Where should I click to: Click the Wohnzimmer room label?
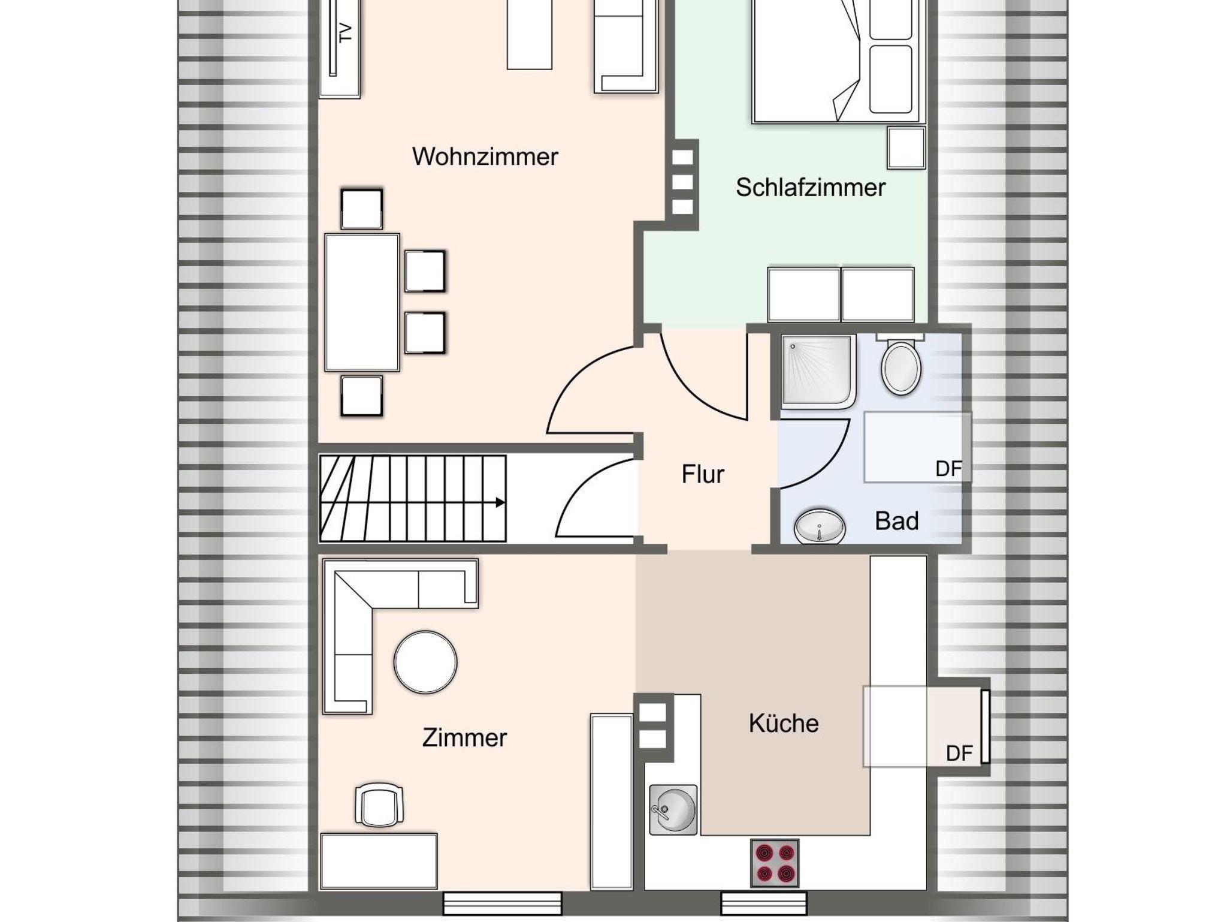pyautogui.click(x=485, y=157)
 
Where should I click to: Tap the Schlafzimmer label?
pyautogui.click(x=810, y=188)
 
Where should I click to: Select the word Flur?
pyautogui.click(x=702, y=474)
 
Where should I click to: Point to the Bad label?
pyautogui.click(x=896, y=521)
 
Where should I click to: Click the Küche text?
pyautogui.click(x=783, y=723)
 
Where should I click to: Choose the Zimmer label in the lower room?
pyautogui.click(x=464, y=738)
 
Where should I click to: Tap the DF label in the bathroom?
pyautogui.click(x=948, y=469)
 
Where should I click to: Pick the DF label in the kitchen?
pyautogui.click(x=959, y=754)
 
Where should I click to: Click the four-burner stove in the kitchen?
pyautogui.click(x=775, y=863)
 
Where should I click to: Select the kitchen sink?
pyautogui.click(x=673, y=809)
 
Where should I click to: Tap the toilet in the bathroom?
pyautogui.click(x=900, y=365)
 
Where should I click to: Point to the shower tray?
pyautogui.click(x=818, y=372)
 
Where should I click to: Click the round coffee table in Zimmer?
pyautogui.click(x=425, y=662)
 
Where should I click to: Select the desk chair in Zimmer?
pyautogui.click(x=379, y=805)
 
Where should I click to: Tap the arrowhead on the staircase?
pyautogui.click(x=500, y=502)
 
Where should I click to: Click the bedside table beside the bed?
pyautogui.click(x=906, y=147)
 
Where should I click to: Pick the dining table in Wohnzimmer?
pyautogui.click(x=362, y=303)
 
